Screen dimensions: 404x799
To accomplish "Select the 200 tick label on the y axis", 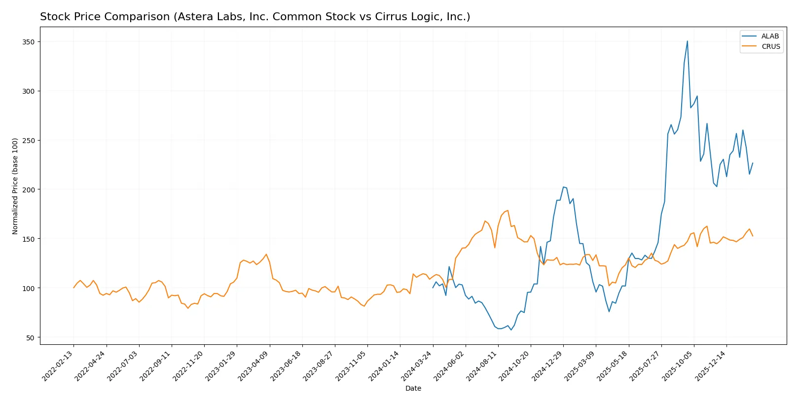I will (29, 189).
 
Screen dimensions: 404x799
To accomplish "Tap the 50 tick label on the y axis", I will (31, 337).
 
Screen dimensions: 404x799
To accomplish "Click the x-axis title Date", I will (413, 388).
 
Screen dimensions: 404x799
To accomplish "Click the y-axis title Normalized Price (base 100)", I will (15, 186).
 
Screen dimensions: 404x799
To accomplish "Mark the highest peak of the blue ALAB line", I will (688, 41).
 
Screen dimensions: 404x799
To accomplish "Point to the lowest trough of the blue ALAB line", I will (511, 330).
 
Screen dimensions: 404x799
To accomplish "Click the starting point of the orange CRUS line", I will (74, 288).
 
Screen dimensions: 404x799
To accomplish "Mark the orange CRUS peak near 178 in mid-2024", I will (508, 211).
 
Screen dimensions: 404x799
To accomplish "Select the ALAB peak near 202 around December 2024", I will (563, 187).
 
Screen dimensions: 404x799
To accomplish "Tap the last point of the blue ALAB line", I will (753, 163).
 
